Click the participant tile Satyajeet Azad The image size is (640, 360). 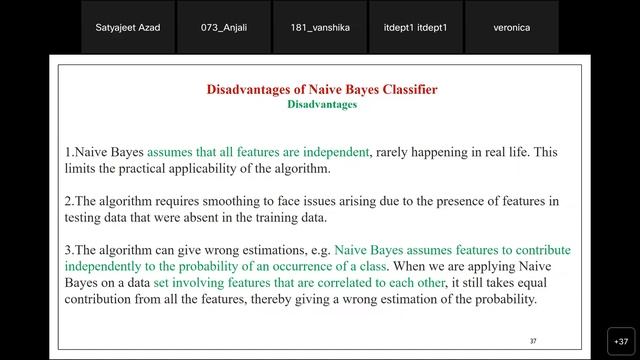pos(127,28)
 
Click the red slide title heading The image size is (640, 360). pos(321,89)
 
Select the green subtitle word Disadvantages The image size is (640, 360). pos(321,104)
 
